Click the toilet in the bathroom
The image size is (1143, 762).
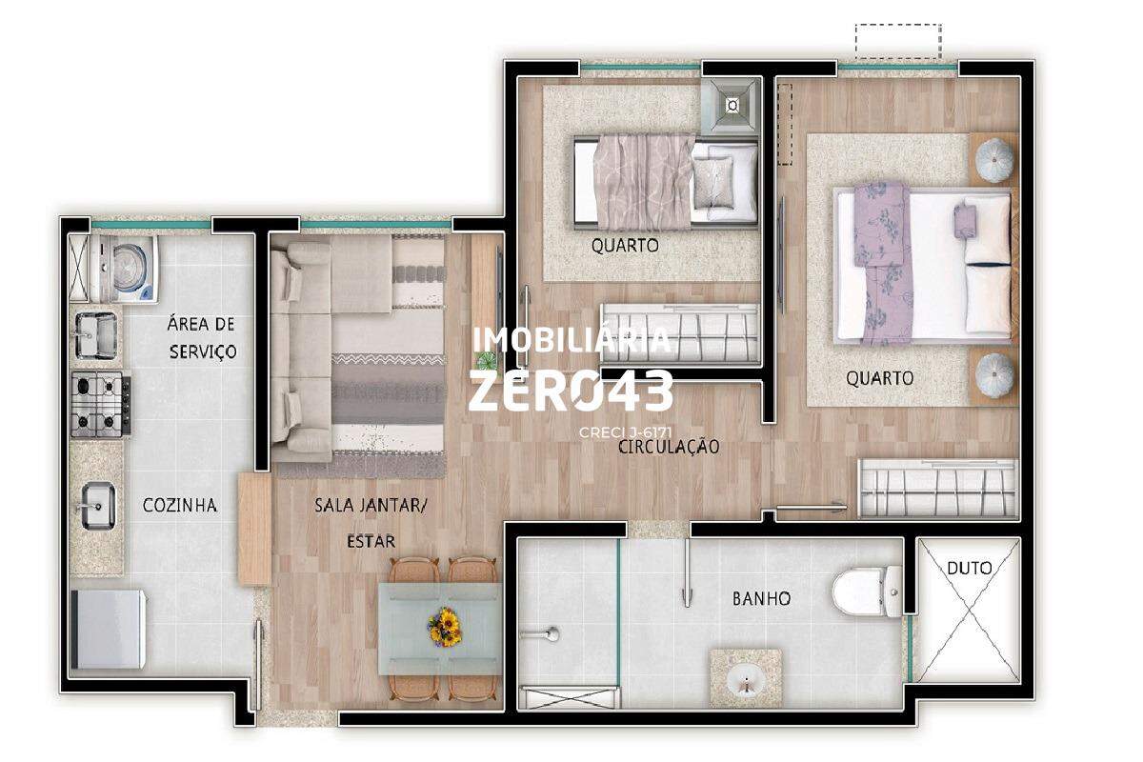coord(867,591)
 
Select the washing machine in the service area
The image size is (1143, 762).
coord(124,269)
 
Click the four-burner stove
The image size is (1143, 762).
coord(101,404)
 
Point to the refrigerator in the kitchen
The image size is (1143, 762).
coord(109,630)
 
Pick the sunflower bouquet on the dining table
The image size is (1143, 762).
coord(445,626)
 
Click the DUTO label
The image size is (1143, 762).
coord(970,568)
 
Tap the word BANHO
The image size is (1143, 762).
coord(761,598)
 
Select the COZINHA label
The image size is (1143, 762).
coord(180,505)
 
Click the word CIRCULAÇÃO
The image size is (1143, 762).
coord(669,447)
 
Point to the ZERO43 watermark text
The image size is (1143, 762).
coord(571,391)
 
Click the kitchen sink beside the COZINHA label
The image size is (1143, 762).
coord(97,505)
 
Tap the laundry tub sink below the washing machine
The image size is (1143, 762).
coord(96,335)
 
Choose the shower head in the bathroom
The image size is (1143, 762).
coord(551,634)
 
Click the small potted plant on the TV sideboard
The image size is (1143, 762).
coord(484,360)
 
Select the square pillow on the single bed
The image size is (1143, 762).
coord(712,182)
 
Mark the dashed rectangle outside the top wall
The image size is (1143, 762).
coord(898,41)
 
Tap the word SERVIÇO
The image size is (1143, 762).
coord(203,351)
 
